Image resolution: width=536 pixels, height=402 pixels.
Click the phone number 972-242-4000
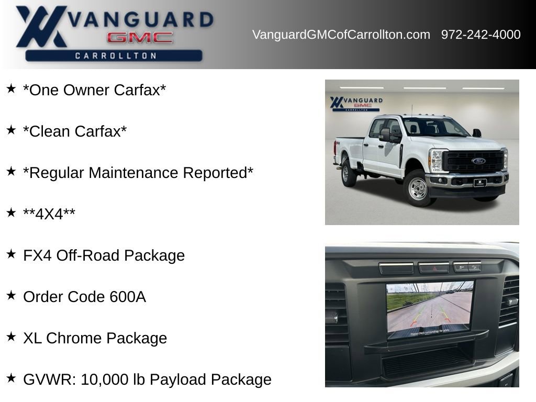pyautogui.click(x=481, y=35)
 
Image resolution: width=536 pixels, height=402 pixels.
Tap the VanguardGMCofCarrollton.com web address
pyautogui.click(x=341, y=35)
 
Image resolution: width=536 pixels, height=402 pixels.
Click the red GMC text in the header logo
pyautogui.click(x=140, y=38)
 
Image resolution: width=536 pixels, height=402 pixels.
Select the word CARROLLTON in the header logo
pyautogui.click(x=116, y=55)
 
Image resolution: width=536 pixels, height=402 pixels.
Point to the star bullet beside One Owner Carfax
pyautogui.click(x=11, y=88)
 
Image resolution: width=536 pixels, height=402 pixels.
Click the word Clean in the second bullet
pyautogui.click(x=49, y=131)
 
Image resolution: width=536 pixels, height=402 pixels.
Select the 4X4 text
pyautogui.click(x=49, y=214)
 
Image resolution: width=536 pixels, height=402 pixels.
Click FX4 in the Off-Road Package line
pyautogui.click(x=38, y=255)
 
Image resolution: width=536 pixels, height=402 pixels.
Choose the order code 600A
pyautogui.click(x=128, y=297)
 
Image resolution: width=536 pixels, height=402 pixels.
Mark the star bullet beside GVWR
pyautogui.click(x=11, y=378)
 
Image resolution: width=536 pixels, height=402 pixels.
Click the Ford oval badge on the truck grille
pyautogui.click(x=478, y=161)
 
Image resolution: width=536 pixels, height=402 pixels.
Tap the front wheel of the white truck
pyautogui.click(x=417, y=188)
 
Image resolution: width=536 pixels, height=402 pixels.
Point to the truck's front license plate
pyautogui.click(x=480, y=183)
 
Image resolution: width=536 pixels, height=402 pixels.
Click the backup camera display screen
pyautogui.click(x=430, y=309)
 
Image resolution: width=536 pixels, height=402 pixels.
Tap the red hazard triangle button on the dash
pyautogui.click(x=433, y=268)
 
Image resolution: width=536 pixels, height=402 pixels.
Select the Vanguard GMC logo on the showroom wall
pyautogui.click(x=356, y=103)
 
